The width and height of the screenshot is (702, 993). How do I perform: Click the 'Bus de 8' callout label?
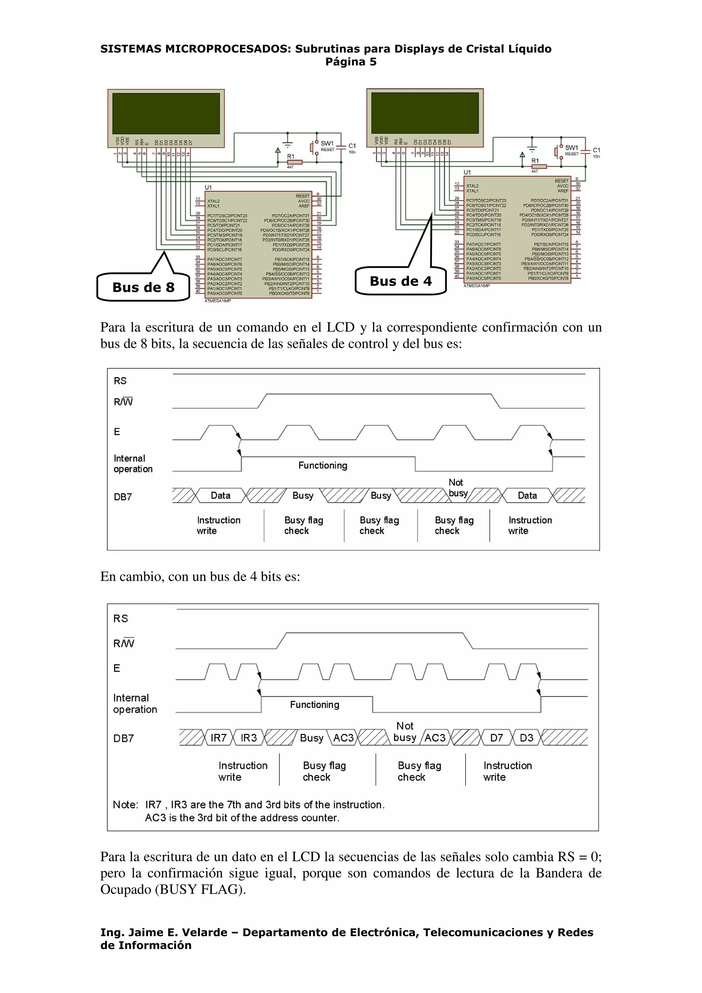(143, 287)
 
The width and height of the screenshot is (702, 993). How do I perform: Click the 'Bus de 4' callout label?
(400, 281)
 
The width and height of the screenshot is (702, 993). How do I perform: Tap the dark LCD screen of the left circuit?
(166, 113)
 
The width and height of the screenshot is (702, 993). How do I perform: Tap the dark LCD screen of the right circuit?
(425, 113)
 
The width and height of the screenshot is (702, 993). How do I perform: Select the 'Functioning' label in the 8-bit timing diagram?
(323, 465)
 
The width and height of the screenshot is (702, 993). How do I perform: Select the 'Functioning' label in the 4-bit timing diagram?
(314, 704)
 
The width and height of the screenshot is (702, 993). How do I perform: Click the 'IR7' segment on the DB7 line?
(218, 738)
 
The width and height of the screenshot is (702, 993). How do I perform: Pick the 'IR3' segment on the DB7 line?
(249, 738)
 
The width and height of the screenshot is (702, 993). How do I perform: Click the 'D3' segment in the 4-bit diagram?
(526, 738)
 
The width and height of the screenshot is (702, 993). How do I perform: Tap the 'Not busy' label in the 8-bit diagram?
(458, 488)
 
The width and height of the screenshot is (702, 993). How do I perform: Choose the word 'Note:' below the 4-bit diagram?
(125, 805)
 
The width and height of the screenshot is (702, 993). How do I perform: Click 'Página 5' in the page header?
(351, 62)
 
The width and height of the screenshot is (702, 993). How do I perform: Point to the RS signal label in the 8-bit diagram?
(120, 381)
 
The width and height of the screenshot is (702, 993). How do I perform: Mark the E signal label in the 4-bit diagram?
(117, 668)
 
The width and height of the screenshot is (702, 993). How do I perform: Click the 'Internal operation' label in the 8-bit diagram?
(133, 464)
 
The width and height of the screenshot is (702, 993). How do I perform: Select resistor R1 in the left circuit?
(294, 162)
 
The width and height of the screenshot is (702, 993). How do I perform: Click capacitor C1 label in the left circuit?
(352, 146)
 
